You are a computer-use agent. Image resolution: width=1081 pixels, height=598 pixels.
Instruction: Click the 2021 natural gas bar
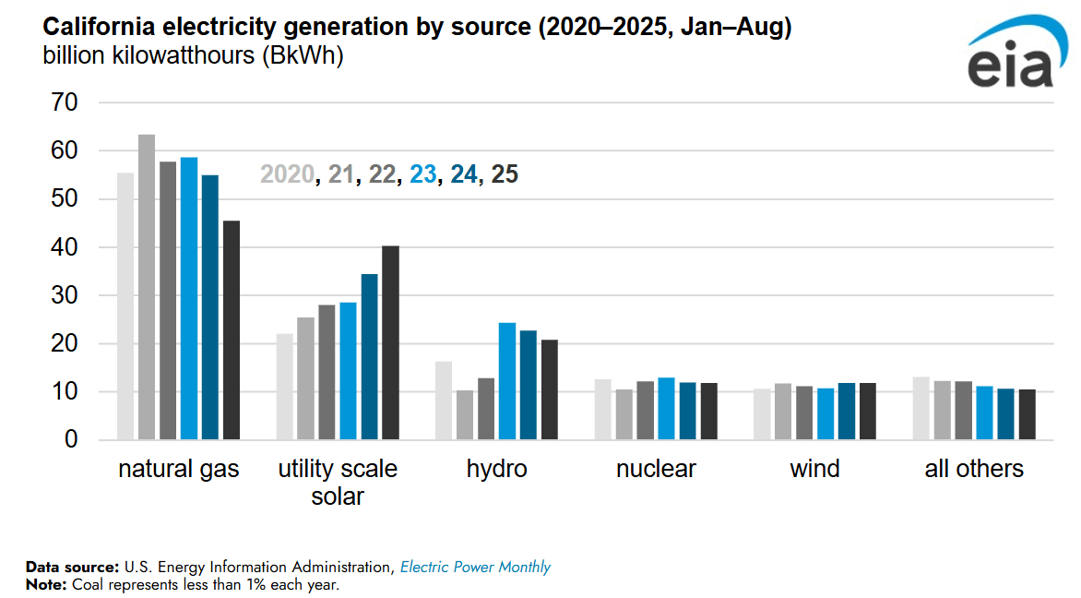pos(147,287)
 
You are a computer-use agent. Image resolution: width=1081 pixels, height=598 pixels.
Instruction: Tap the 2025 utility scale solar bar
pos(390,342)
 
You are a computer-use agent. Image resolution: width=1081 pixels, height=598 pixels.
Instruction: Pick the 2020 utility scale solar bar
pos(284,387)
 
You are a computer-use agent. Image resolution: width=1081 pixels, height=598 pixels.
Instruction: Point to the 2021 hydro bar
pos(465,414)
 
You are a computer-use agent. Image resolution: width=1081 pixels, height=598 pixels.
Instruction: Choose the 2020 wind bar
pos(762,414)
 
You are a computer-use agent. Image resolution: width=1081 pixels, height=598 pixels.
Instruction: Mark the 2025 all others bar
pos(1027,414)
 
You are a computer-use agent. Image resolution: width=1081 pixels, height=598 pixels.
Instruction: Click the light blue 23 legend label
pos(422,173)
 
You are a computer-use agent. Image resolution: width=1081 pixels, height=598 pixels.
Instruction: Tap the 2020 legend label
pos(287,173)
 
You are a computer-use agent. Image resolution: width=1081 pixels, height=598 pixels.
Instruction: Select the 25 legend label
pos(505,173)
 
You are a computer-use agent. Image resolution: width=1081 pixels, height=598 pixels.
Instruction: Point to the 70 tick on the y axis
pos(65,102)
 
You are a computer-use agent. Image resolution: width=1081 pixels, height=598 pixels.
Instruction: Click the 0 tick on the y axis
pos(72,440)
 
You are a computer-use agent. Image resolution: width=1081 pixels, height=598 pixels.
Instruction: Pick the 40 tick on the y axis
pos(65,247)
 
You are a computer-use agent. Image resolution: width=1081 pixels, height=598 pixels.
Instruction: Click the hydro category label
pos(496,469)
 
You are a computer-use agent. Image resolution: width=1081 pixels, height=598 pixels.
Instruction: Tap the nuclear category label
pos(656,469)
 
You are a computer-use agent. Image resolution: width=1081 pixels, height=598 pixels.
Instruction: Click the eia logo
pos(1011,57)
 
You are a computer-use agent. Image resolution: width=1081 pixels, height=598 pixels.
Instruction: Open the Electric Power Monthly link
pos(475,567)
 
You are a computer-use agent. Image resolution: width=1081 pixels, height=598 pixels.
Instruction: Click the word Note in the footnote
pos(42,584)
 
